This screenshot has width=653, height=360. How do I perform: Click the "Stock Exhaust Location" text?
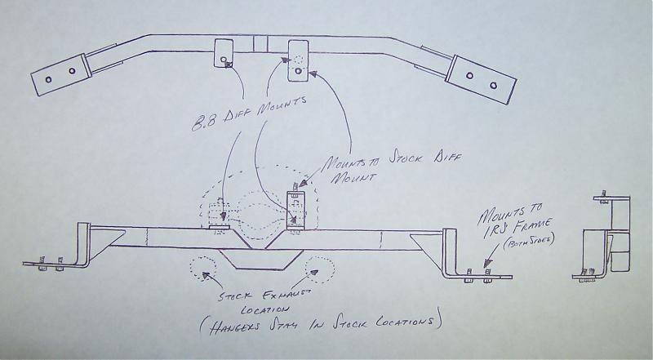(x=264, y=302)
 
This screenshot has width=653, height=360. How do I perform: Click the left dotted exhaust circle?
(x=203, y=269)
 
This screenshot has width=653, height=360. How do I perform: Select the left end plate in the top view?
(x=61, y=75)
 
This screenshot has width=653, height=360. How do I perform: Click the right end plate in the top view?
(x=481, y=79)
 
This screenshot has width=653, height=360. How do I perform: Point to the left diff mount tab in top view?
(x=224, y=53)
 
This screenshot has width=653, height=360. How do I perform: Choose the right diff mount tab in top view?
(x=298, y=60)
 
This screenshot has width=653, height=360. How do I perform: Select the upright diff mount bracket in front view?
(x=296, y=210)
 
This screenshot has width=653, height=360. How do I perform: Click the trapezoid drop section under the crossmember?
(x=261, y=259)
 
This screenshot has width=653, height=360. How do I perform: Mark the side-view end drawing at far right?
(x=602, y=238)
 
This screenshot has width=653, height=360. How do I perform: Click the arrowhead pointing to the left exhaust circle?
(x=206, y=275)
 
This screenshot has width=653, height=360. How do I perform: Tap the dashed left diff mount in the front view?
(x=219, y=215)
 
